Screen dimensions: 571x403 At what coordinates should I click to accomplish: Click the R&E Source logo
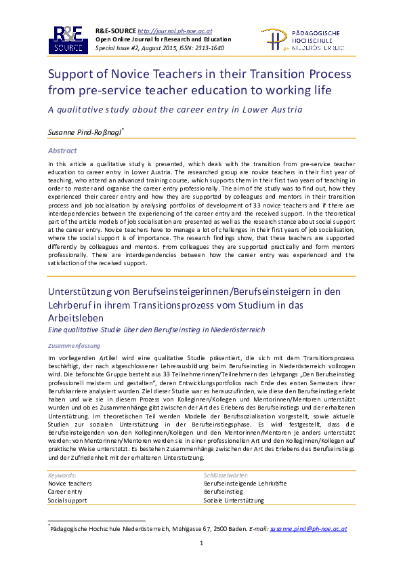[x=68, y=40]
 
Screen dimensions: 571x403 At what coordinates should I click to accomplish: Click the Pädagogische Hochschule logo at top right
[x=302, y=40]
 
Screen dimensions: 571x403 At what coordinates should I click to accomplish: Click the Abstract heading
[x=62, y=150]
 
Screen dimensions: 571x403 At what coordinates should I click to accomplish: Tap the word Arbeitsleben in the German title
[x=77, y=317]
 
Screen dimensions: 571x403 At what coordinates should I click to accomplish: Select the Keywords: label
[x=62, y=475]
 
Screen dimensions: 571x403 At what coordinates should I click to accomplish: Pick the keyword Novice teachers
[x=69, y=483]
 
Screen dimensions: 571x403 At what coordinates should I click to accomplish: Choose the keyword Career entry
[x=65, y=492]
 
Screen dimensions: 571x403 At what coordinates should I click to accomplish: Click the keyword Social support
[x=67, y=500]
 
